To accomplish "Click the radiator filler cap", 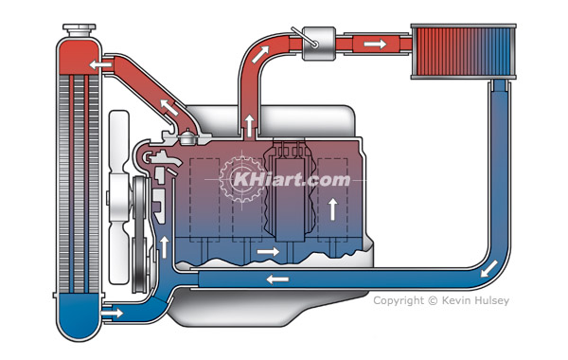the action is point(80,29).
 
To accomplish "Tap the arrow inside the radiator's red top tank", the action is point(100,65).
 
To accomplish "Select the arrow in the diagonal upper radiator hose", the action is point(169,108).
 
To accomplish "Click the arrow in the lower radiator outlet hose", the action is point(113,312).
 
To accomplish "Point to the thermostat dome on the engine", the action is point(188,136).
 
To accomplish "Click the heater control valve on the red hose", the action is point(318,44).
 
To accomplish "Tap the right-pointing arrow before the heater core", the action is point(375,45).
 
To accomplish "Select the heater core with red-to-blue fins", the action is point(463,51).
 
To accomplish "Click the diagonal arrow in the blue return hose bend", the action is point(488,269).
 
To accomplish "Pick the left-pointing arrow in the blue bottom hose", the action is point(277,279).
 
